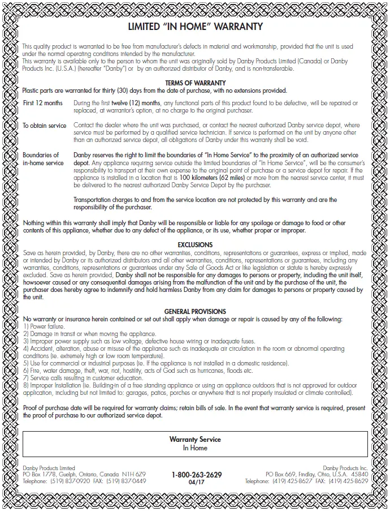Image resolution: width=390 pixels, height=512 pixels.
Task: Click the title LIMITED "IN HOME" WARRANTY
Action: point(195,27)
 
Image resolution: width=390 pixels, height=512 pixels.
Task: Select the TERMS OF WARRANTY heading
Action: point(195,83)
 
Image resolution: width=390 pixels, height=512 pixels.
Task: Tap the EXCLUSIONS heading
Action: point(195,245)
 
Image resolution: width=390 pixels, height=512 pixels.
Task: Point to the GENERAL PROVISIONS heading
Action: point(195,312)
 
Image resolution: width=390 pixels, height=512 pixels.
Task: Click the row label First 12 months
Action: point(43,103)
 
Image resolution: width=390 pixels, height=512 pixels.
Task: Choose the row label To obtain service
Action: point(45,126)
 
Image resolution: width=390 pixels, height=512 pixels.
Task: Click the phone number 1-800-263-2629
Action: point(196,475)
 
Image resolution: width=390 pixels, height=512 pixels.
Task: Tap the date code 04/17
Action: point(196,482)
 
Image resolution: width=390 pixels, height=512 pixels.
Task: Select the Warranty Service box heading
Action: point(195,440)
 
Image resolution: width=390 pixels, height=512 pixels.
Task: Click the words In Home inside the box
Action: point(195,448)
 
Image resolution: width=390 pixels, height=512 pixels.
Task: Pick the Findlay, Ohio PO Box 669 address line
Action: point(317,474)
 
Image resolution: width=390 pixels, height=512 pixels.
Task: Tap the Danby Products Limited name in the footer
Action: point(49,468)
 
